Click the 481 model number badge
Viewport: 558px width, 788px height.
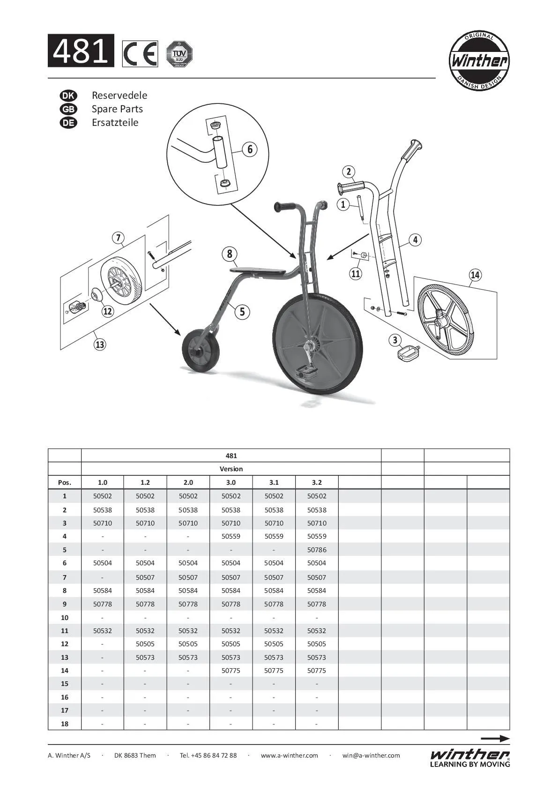coord(81,51)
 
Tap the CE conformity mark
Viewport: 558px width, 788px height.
coord(140,54)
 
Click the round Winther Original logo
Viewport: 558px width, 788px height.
coord(479,61)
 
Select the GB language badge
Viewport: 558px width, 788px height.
coord(68,109)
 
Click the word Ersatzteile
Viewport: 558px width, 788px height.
coord(115,123)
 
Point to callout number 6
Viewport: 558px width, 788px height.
coord(250,149)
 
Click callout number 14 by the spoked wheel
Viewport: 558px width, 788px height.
coord(475,275)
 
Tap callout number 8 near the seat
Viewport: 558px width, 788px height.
coord(230,254)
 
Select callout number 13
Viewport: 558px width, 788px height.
coord(100,344)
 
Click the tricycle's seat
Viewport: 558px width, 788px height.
coord(258,271)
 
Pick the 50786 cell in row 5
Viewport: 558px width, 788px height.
coord(317,550)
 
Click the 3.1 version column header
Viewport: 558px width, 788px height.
coord(274,482)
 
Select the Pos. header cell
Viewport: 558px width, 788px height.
coord(65,482)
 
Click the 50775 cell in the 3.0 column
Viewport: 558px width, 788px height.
coord(231,671)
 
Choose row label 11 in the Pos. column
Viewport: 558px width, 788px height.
coord(65,631)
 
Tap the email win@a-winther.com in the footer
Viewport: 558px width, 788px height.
coord(371,755)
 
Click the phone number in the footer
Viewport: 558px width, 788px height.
coord(208,755)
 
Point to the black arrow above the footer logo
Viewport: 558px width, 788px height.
coord(495,738)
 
